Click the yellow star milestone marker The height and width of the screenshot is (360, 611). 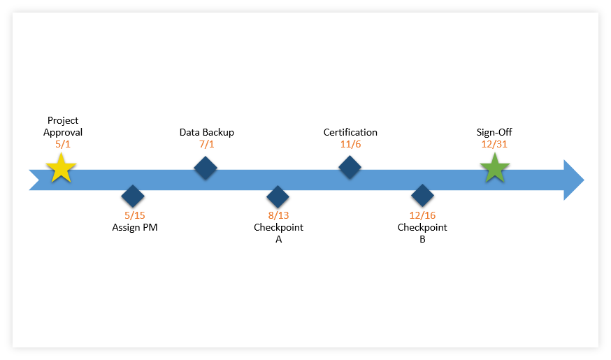click(x=61, y=169)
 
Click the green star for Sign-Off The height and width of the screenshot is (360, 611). click(x=494, y=169)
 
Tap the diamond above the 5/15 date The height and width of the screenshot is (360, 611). click(x=132, y=197)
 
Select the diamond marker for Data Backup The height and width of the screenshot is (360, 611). click(x=205, y=168)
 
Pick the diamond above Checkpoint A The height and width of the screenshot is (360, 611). click(x=278, y=197)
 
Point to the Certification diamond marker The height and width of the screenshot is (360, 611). click(x=350, y=168)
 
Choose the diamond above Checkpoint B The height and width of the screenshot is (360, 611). click(x=422, y=196)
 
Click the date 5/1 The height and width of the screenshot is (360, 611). click(x=63, y=145)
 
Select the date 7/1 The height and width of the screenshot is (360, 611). click(x=207, y=145)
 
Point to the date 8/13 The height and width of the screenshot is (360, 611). click(x=278, y=215)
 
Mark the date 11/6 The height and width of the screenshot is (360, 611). click(x=350, y=145)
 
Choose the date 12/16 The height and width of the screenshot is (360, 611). click(x=422, y=215)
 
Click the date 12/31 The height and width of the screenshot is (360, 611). click(x=494, y=145)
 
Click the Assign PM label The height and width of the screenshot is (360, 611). click(x=135, y=227)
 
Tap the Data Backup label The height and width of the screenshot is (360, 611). click(x=207, y=132)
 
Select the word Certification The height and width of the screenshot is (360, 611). click(x=350, y=132)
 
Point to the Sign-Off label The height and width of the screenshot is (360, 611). click(x=494, y=132)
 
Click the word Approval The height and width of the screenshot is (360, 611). click(x=63, y=132)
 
